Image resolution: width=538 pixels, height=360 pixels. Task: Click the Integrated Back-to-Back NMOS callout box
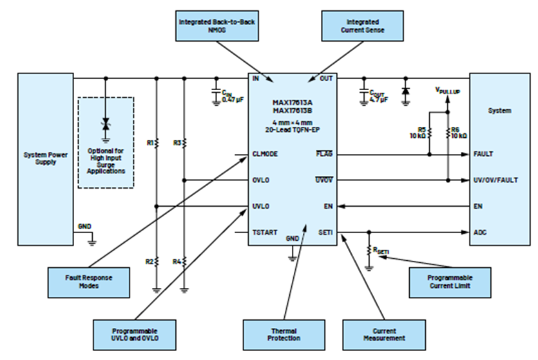[217, 26]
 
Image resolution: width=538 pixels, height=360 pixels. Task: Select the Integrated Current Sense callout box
[362, 26]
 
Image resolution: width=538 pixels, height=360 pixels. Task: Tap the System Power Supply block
[46, 159]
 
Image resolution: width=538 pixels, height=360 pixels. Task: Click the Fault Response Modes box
[89, 283]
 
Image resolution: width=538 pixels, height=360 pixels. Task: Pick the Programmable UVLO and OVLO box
[135, 335]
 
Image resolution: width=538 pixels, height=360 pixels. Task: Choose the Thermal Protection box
[284, 335]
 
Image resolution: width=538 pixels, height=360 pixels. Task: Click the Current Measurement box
[384, 335]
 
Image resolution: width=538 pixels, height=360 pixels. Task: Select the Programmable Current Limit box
[450, 283]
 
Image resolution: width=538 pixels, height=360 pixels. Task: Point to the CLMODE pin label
[265, 154]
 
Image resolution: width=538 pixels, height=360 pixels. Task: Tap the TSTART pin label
[265, 232]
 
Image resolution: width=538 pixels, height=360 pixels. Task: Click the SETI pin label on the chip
[325, 232]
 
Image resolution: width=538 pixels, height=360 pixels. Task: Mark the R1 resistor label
[150, 143]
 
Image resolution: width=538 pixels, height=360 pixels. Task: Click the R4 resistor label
[177, 262]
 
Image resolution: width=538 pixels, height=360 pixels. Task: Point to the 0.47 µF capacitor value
[233, 100]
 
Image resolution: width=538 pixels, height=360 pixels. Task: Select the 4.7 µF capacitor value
[378, 100]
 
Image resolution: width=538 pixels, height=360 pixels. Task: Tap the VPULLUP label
[447, 91]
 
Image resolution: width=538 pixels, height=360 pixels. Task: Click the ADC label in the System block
[480, 232]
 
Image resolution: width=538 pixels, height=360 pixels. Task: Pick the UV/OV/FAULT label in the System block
[495, 180]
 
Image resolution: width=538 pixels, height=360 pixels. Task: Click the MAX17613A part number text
[293, 102]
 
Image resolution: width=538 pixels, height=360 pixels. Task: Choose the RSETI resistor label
[381, 251]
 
